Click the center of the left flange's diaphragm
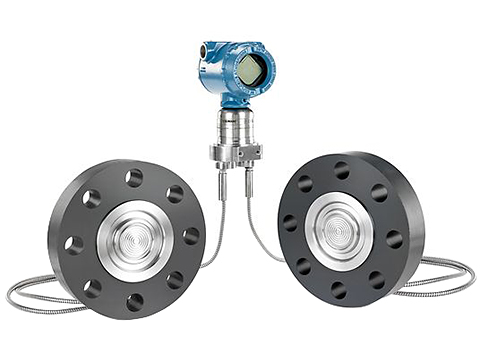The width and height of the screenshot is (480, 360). [134, 240]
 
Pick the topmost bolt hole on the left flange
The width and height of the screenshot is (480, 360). [133, 178]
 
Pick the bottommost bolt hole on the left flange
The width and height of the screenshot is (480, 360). [134, 301]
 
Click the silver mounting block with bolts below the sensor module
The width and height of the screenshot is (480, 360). [235, 151]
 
